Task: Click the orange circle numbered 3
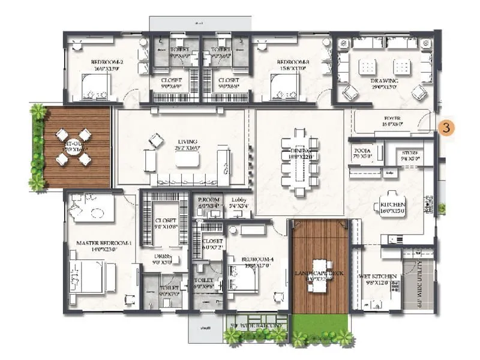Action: pyautogui.click(x=445, y=127)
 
